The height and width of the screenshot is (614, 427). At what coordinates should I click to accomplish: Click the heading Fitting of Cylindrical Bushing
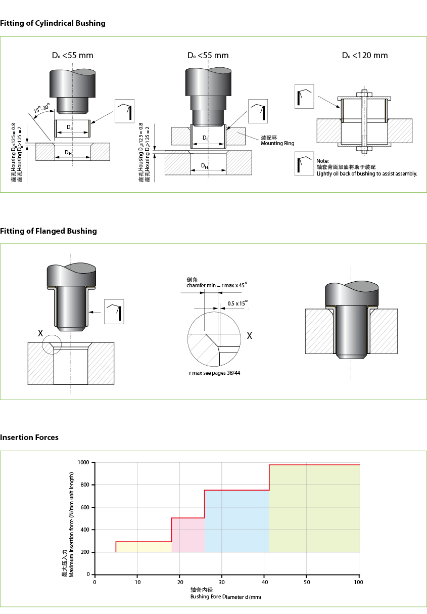tap(53, 23)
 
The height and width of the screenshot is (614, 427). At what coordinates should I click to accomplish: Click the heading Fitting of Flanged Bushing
tap(49, 231)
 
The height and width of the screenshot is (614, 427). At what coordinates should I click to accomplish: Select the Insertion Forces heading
tap(29, 437)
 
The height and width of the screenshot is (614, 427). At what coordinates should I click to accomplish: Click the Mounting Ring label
tap(277, 144)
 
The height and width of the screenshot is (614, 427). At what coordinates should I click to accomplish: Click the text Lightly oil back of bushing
tap(366, 173)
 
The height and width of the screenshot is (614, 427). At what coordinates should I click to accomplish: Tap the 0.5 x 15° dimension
tap(238, 303)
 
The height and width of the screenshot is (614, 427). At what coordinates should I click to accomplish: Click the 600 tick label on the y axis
tap(85, 507)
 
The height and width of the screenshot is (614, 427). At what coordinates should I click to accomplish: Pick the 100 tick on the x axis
tap(359, 582)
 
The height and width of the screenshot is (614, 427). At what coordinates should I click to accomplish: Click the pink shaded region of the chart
tap(188, 535)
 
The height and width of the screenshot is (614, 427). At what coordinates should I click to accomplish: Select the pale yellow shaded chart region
tap(144, 547)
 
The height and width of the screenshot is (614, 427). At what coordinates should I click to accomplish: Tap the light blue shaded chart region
tap(236, 521)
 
